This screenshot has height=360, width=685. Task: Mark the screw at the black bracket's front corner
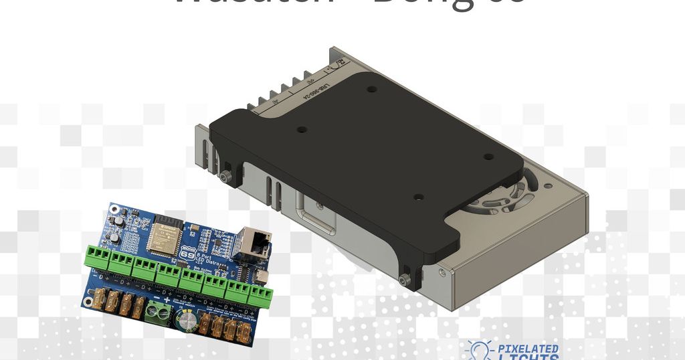(403, 278)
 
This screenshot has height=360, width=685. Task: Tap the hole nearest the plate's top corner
(372, 88)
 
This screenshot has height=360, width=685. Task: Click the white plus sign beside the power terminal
(165, 300)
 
